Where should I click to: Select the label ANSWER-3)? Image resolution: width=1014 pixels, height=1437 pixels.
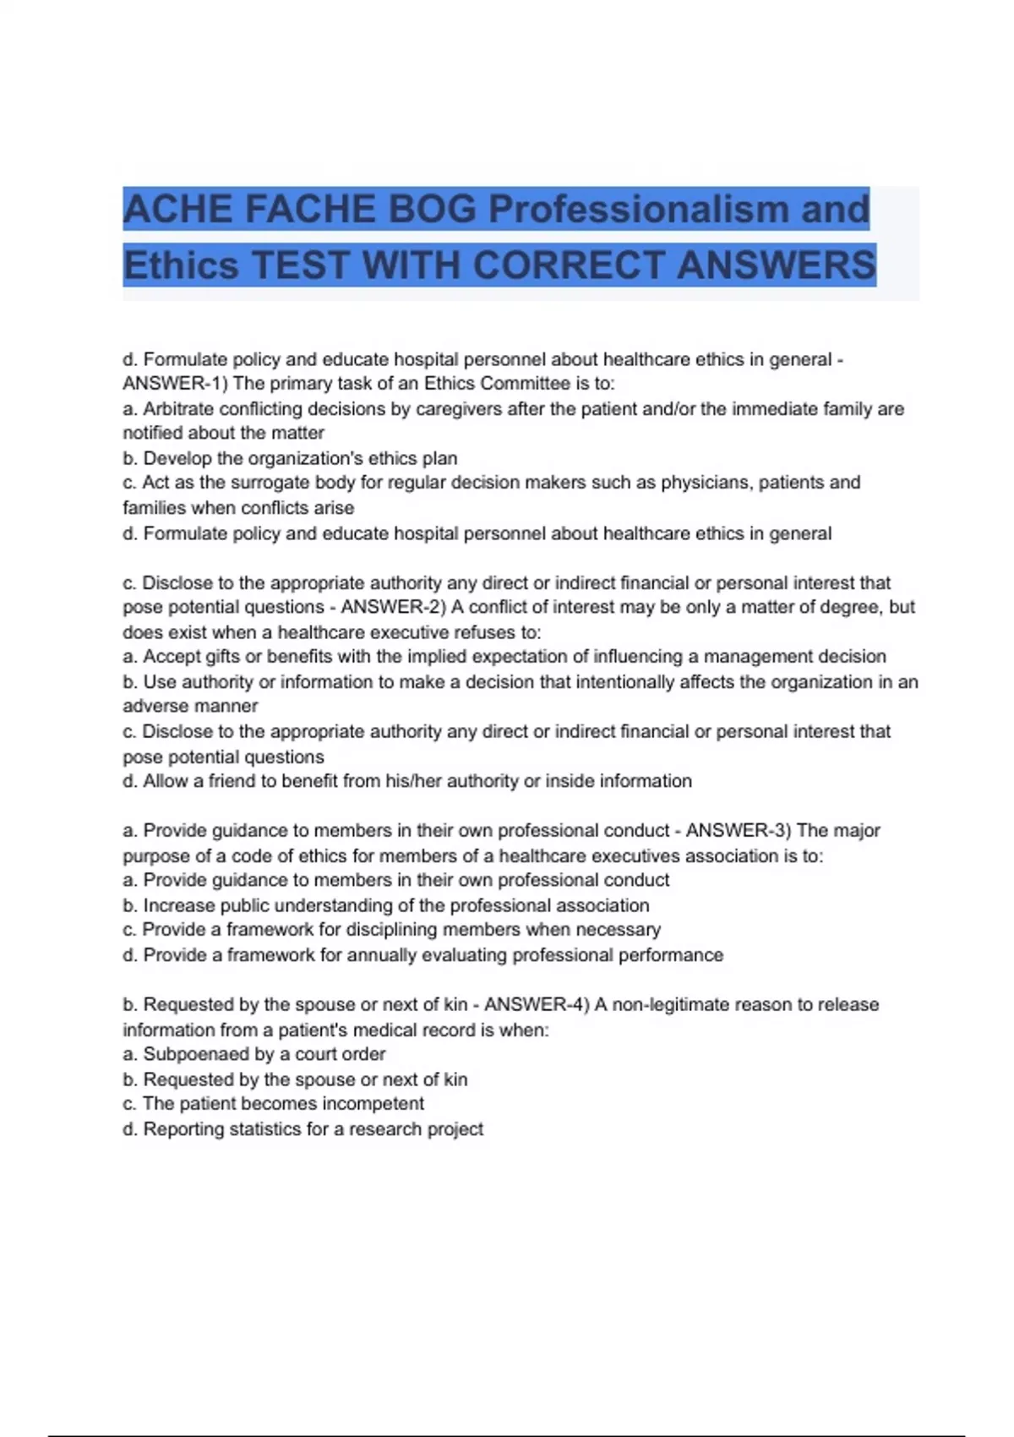click(x=738, y=830)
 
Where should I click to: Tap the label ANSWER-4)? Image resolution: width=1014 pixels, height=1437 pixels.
click(x=537, y=1004)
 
